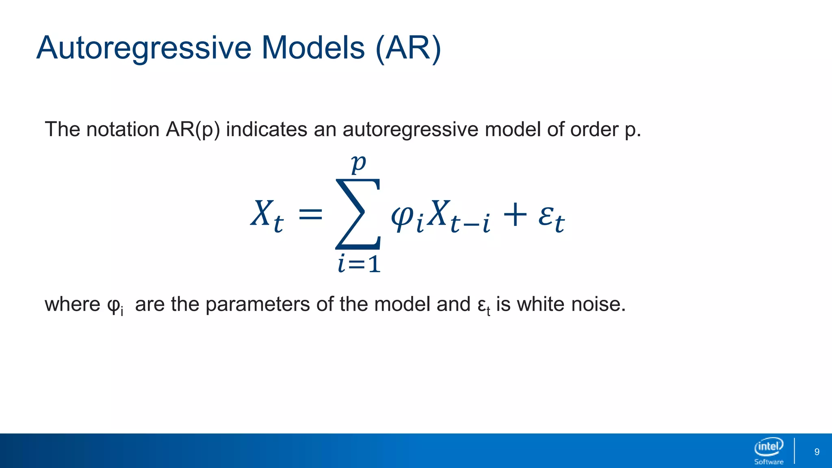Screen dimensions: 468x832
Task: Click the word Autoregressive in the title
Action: (144, 48)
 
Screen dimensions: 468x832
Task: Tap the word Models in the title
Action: (313, 48)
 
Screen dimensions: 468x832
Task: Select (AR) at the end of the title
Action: (408, 48)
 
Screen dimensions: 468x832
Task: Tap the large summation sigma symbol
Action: (358, 214)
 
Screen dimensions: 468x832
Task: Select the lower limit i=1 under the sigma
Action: (359, 264)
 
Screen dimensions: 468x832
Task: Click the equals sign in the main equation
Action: (310, 214)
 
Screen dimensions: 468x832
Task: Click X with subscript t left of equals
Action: (266, 215)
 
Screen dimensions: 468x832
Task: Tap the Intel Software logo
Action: (769, 451)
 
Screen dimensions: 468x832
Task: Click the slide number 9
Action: (817, 452)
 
